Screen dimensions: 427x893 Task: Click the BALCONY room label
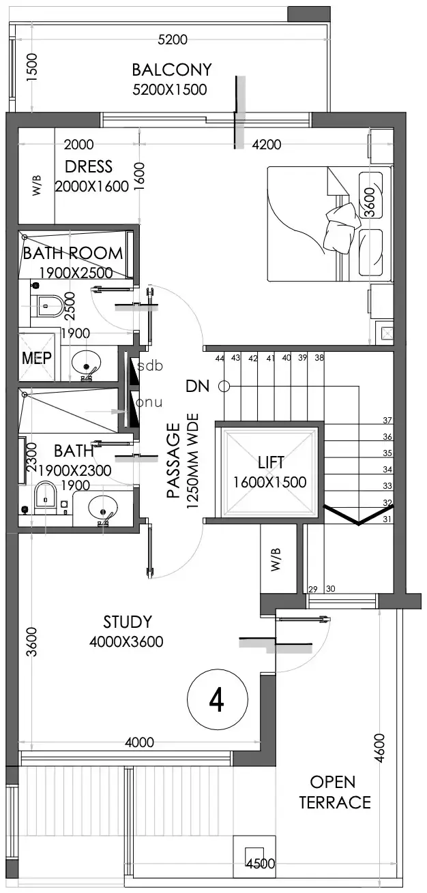click(x=172, y=70)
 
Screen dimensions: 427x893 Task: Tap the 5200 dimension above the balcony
click(x=173, y=40)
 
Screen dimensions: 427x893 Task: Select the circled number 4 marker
click(x=218, y=699)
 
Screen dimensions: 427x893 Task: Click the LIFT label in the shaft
click(x=271, y=462)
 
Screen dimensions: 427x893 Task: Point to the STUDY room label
click(x=128, y=622)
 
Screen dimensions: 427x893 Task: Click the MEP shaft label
click(x=37, y=358)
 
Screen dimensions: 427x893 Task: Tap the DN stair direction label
click(x=198, y=386)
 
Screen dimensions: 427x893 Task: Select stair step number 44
click(x=220, y=359)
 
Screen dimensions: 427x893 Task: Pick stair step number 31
click(x=387, y=519)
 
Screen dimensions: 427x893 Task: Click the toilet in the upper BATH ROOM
click(x=47, y=306)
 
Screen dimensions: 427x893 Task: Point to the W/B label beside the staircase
click(x=276, y=560)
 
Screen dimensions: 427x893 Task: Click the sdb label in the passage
click(x=150, y=365)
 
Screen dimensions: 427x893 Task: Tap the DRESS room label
click(x=89, y=166)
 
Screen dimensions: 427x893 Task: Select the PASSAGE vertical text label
click(x=173, y=461)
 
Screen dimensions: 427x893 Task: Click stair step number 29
click(x=313, y=589)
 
